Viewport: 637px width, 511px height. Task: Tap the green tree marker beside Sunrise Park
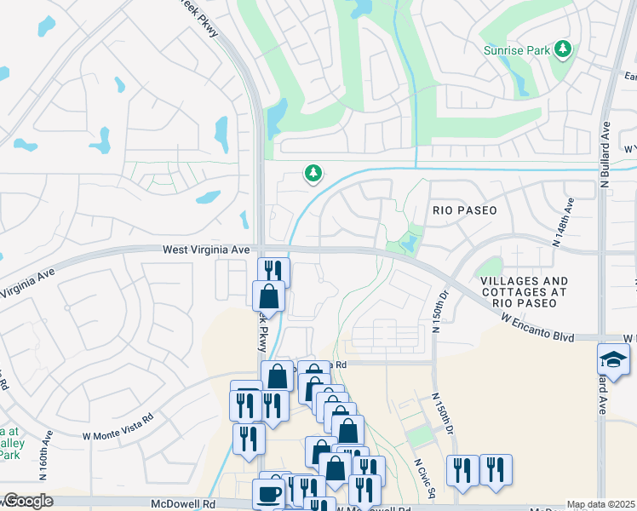tap(562, 50)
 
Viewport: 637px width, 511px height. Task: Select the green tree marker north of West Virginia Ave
tap(313, 174)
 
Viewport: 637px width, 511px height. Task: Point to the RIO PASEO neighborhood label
tap(464, 209)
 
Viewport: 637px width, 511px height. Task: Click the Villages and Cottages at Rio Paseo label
tap(524, 286)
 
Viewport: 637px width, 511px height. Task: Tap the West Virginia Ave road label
tap(207, 250)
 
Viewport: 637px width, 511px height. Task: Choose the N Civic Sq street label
tap(425, 479)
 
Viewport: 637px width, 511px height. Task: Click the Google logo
tap(27, 501)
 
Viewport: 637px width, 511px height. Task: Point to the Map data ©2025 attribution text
tap(600, 504)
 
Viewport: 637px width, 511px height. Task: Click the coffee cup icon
tap(268, 495)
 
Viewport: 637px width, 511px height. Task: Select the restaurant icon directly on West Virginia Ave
tap(273, 272)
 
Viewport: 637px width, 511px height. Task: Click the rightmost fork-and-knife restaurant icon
tap(496, 469)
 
